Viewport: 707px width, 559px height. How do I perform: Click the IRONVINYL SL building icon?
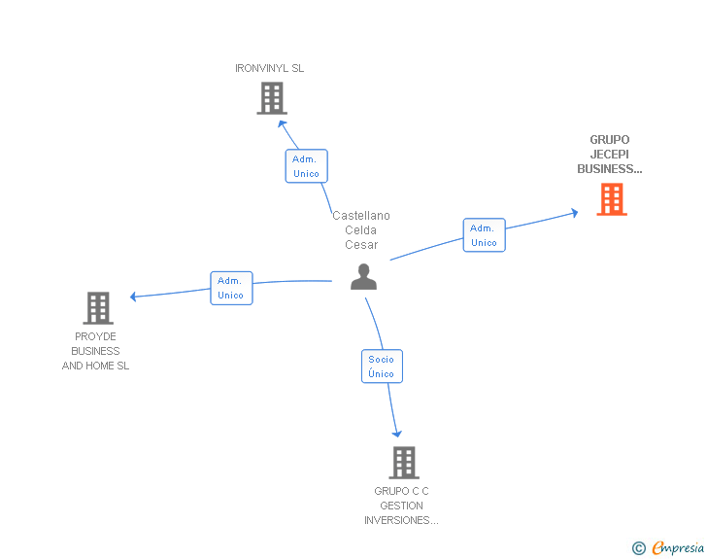pos(272,98)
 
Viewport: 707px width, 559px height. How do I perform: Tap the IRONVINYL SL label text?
pos(270,69)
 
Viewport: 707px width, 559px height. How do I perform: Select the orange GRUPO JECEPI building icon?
pos(611,199)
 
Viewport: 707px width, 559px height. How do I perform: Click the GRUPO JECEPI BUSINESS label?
pos(610,155)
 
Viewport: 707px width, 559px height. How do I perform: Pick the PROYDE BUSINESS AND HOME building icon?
pos(98,308)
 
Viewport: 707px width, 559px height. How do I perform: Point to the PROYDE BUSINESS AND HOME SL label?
pos(95,351)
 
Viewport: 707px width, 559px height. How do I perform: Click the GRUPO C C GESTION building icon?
pos(403,462)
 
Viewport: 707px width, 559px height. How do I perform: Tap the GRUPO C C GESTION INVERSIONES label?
pos(402,506)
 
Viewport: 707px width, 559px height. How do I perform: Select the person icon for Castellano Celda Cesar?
pos(363,277)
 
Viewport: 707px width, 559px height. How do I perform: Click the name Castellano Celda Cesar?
pos(361,230)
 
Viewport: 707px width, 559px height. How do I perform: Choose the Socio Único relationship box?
pos(382,367)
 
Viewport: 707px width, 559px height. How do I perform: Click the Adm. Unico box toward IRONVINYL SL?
pos(306,166)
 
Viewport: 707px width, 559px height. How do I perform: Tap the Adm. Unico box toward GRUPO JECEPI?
pos(484,235)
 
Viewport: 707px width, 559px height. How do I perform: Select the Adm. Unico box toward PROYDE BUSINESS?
pos(231,288)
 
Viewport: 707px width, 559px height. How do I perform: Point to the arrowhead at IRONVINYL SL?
pos(281,122)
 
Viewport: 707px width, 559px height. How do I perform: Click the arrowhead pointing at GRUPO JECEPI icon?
pos(575,212)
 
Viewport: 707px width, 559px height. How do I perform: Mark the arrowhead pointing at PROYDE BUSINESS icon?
pos(135,297)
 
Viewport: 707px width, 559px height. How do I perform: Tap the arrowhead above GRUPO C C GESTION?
pos(396,434)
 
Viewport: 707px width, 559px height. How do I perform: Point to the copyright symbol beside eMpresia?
pos(639,549)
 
